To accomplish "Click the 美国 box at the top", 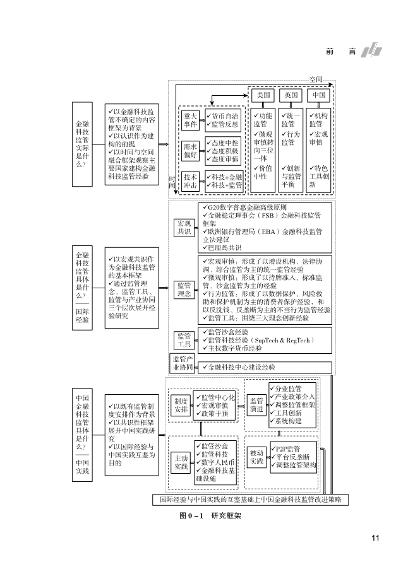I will pos(263,95).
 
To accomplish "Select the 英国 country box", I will pos(291,95).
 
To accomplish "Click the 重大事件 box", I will pos(190,120).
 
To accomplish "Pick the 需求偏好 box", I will pos(190,151).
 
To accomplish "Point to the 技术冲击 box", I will pos(190,181).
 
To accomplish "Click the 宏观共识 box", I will pos(184,227).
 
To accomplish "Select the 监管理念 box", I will pos(184,290).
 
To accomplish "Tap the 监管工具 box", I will pos(184,339).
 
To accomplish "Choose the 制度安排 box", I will pos(181,404).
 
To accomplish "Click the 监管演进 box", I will pos(256,404).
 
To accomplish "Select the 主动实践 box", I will pos(181,462).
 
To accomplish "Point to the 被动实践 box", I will pos(256,457).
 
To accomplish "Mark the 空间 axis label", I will pos(316,79).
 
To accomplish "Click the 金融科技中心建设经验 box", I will pos(265,366).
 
